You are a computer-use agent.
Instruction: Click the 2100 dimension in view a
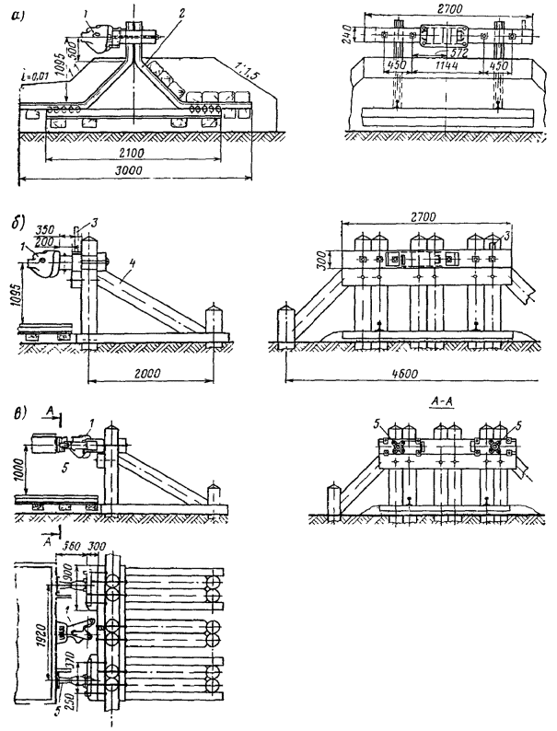coord(135,150)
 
